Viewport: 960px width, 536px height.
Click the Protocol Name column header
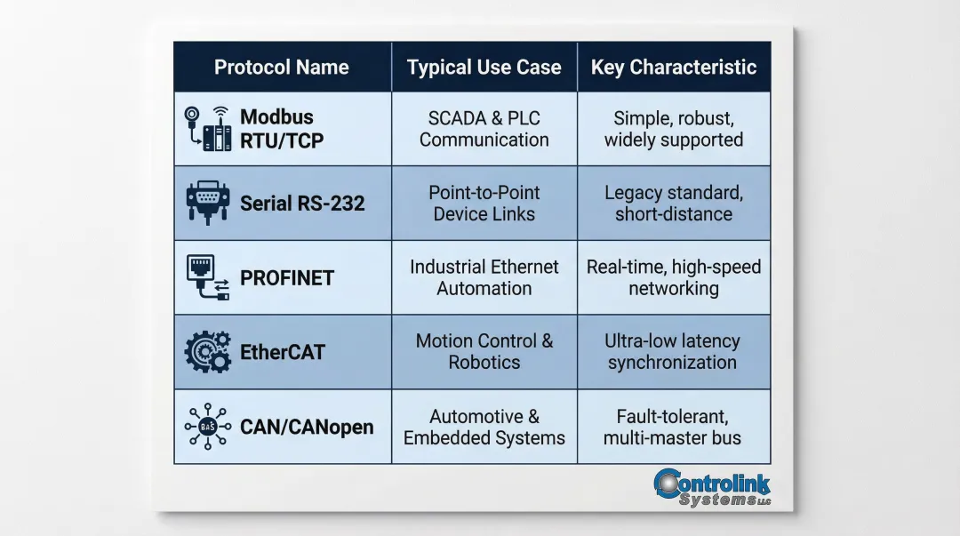tap(281, 68)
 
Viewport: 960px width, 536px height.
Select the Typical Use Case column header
tap(484, 68)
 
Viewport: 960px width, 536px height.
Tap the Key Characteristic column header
tap(674, 68)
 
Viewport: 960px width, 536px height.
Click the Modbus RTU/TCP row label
tap(282, 129)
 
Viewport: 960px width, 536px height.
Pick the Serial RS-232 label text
tap(302, 204)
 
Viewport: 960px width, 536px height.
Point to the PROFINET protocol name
tap(287, 278)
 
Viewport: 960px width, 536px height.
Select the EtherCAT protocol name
tap(283, 352)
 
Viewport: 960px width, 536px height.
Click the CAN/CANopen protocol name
tap(307, 427)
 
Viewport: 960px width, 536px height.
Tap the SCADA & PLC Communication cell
tap(484, 129)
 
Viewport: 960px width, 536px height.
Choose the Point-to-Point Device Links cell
tap(484, 204)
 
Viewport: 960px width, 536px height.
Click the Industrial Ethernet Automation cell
tap(484, 277)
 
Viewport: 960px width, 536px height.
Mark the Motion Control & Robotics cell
tap(484, 352)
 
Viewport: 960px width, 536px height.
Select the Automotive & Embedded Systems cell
tap(484, 427)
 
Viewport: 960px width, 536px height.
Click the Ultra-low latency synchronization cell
tap(673, 352)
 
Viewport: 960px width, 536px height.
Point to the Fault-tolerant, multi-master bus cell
tap(673, 427)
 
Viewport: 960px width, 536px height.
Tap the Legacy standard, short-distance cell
tap(673, 204)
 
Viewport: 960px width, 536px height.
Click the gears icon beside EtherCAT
tap(207, 352)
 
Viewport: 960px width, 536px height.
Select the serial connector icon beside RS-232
tap(208, 203)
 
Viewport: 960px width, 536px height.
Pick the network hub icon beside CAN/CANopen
tap(208, 427)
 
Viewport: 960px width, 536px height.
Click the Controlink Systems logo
tap(712, 488)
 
